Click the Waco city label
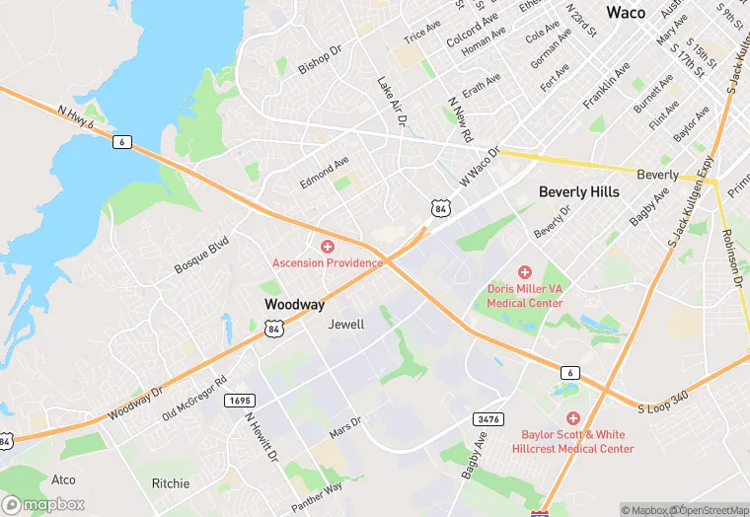coord(626,13)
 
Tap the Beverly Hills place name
coord(578,191)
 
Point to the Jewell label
coord(346,324)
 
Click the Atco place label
coord(63,480)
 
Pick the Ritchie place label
coord(171,483)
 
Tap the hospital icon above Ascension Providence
coord(328,246)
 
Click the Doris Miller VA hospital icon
coord(525,271)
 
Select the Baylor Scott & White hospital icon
coord(573,418)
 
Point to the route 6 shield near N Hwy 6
coord(121,142)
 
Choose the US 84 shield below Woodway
coord(274,329)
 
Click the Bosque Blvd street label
coord(201,255)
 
